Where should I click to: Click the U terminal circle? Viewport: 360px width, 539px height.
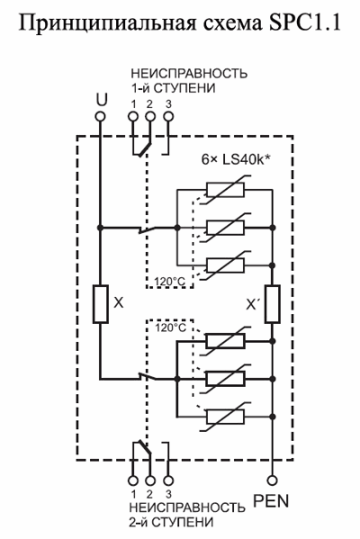[x=101, y=117]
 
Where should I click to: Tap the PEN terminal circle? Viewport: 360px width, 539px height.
[x=272, y=481]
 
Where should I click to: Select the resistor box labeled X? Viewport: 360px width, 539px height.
[x=101, y=304]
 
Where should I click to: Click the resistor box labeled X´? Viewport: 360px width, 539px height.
[x=272, y=304]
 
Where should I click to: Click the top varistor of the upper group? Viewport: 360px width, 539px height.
[x=226, y=189]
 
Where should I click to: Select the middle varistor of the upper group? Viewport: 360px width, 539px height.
[x=226, y=228]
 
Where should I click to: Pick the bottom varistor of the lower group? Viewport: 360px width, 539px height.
[x=226, y=417]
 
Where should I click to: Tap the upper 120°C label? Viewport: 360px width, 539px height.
[x=169, y=282]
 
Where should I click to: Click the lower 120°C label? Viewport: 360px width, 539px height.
[x=170, y=328]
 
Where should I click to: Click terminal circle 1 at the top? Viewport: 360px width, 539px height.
[x=133, y=117]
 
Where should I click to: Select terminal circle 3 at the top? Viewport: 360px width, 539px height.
[x=168, y=117]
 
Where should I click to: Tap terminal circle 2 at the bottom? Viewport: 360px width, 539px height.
[x=150, y=481]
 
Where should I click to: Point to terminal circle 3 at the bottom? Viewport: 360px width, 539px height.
[x=167, y=481]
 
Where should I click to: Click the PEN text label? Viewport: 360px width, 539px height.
[x=271, y=501]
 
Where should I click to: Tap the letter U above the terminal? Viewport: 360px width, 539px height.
[x=102, y=100]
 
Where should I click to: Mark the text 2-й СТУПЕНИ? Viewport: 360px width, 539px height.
[x=171, y=522]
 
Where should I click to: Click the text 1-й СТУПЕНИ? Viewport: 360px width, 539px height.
[x=174, y=88]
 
